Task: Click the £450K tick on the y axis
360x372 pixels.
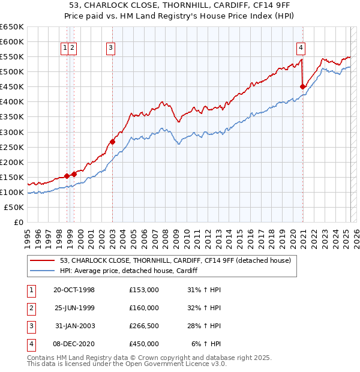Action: [12, 87]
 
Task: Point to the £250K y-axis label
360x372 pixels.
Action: [12, 147]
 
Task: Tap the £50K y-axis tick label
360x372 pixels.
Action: [14, 207]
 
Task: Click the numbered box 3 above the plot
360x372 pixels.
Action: [112, 49]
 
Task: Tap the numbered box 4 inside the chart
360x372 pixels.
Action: [301, 49]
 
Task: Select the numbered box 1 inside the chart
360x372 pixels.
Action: [65, 49]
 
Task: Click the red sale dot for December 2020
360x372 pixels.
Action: [303, 86]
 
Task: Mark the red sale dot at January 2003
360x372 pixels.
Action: [112, 142]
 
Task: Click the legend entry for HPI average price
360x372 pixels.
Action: [132, 271]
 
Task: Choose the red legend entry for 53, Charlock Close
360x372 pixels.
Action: [175, 260]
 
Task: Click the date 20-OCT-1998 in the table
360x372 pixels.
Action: [74, 290]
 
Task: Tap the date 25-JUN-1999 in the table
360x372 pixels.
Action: [74, 308]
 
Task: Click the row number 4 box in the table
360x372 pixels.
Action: [31, 344]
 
